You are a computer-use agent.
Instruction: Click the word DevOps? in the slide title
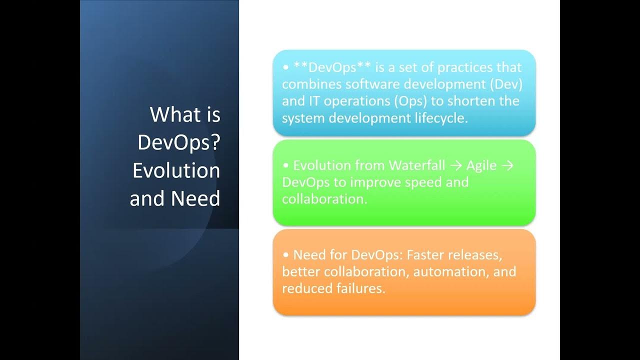point(178,143)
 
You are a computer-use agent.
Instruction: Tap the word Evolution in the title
point(176,170)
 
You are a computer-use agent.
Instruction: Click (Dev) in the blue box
point(505,84)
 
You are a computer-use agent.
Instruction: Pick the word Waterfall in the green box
point(417,165)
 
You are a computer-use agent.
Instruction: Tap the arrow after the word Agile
point(507,165)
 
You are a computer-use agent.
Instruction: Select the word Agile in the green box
point(481,165)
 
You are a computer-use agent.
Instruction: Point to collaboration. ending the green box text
point(325,198)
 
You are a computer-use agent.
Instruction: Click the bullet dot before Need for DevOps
point(286,255)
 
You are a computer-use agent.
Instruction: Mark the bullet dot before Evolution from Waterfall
point(286,165)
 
